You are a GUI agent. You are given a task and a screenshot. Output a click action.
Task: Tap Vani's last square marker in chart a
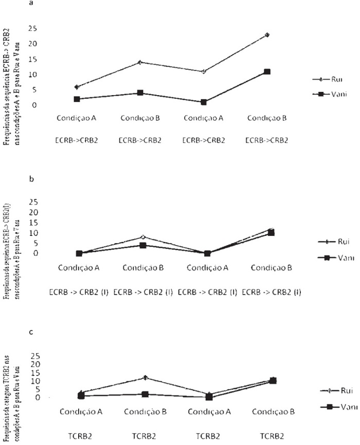tap(267, 71)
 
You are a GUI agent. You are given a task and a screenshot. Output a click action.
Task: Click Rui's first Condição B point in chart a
tap(140, 62)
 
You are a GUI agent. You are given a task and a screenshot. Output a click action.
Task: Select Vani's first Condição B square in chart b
tap(140, 245)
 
